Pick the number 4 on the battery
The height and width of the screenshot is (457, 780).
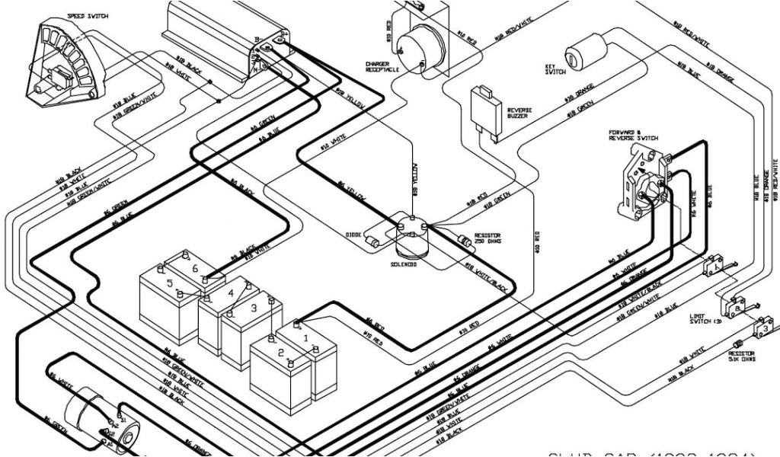pos(231,292)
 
